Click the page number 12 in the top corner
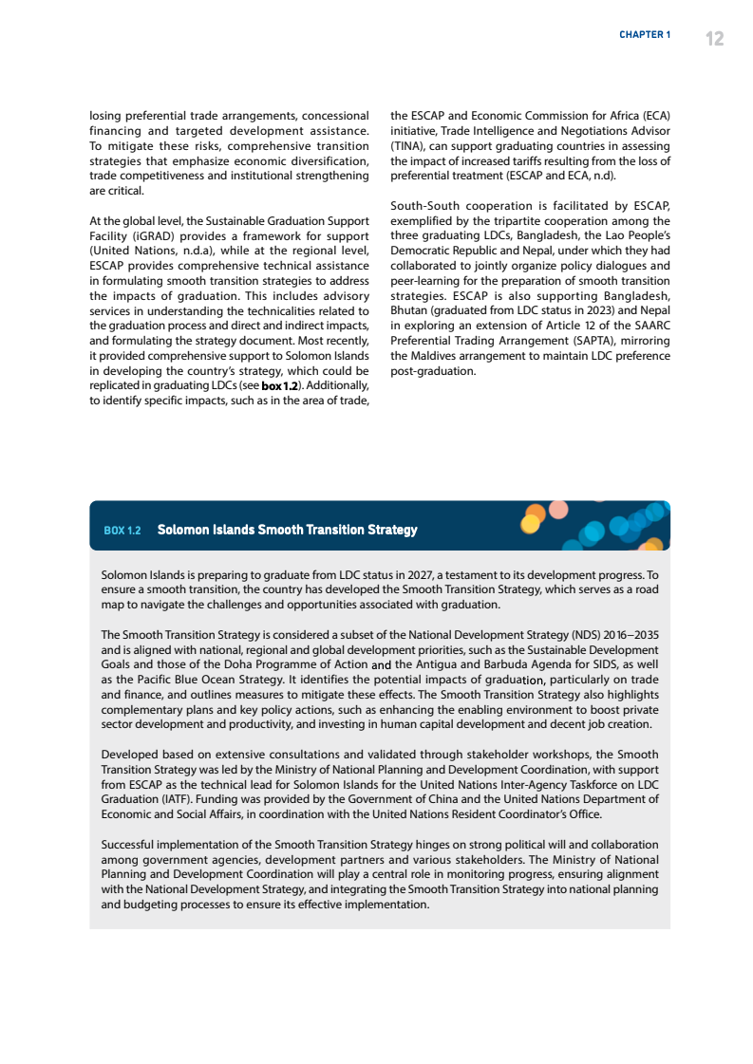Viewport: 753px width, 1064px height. (714, 38)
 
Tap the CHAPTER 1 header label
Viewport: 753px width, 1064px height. (645, 35)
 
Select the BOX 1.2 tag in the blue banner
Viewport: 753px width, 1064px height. (122, 530)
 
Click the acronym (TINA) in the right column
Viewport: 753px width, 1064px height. (408, 147)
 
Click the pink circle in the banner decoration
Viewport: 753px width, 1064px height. (558, 510)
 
